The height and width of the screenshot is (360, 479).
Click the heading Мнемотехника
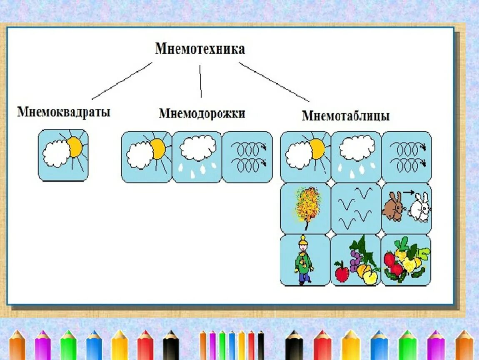point(200,49)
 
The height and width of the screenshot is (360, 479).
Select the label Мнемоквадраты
point(63,112)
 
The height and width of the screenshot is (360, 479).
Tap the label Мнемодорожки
point(202,113)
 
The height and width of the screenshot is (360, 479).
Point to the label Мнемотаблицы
point(346,115)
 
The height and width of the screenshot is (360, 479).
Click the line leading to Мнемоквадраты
point(122,81)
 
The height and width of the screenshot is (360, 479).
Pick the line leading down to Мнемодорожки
point(200,81)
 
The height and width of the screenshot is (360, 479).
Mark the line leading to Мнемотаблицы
point(274,82)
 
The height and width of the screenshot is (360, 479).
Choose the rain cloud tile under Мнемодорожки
point(197,157)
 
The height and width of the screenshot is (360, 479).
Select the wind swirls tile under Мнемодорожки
point(247,157)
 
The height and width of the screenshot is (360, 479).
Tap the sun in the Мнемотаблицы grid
point(317,149)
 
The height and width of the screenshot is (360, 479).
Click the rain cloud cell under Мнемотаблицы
point(356,157)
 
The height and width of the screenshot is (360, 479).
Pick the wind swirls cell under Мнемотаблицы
point(407,157)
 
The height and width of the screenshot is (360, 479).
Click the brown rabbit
point(393,207)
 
